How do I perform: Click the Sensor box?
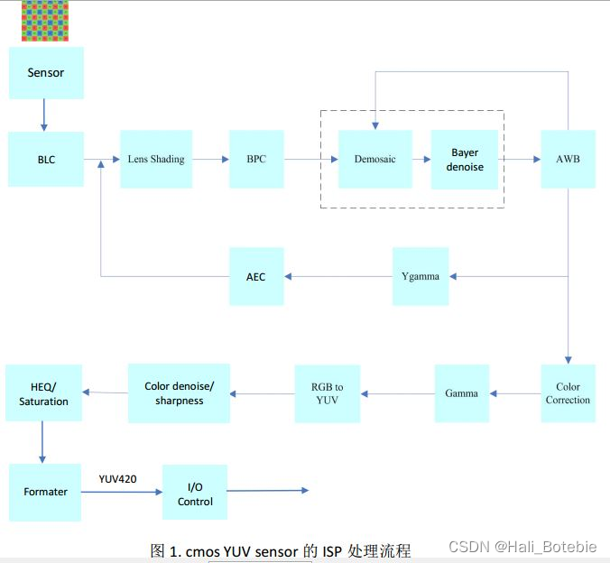46,73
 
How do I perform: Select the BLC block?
46,160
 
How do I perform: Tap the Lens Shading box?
156,160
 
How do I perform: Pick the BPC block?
256,160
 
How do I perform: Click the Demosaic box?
374,160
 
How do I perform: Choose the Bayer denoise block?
465,160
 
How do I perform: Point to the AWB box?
568,160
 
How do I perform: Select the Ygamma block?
421,276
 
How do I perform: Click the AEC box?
256,276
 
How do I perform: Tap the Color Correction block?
568,393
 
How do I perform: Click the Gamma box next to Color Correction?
462,393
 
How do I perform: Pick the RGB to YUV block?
327,393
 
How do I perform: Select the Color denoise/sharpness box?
180,393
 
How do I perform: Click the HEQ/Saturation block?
43,394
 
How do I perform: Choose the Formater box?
45,492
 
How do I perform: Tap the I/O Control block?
195,493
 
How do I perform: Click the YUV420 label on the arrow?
118,479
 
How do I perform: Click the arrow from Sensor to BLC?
42,115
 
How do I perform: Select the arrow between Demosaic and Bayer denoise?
421,160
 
